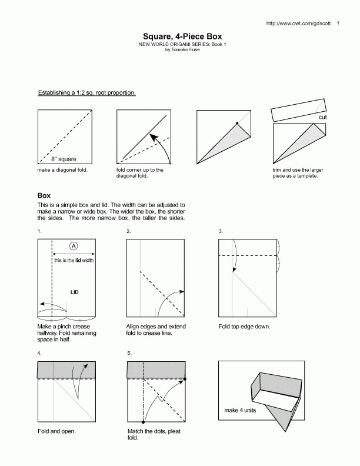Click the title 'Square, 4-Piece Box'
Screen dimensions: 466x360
tap(181, 36)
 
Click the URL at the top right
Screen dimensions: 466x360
tap(299, 24)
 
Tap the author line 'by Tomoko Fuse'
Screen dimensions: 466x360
tap(181, 50)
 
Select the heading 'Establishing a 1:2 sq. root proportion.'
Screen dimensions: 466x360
tap(87, 93)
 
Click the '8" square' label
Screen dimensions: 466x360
tap(63, 159)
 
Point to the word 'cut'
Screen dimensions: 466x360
tap(322, 117)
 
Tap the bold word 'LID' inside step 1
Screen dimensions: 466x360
tap(75, 292)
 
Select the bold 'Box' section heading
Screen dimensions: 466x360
tap(44, 195)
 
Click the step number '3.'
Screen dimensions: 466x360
tap(221, 231)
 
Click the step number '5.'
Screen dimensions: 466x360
tap(129, 353)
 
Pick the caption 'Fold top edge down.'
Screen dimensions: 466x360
tap(244, 327)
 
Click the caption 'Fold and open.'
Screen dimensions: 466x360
tap(56, 431)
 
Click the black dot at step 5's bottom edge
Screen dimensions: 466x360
tap(144, 422)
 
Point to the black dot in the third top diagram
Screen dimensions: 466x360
tap(236, 123)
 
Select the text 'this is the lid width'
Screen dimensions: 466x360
tap(74, 259)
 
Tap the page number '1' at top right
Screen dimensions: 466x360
tap(338, 24)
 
